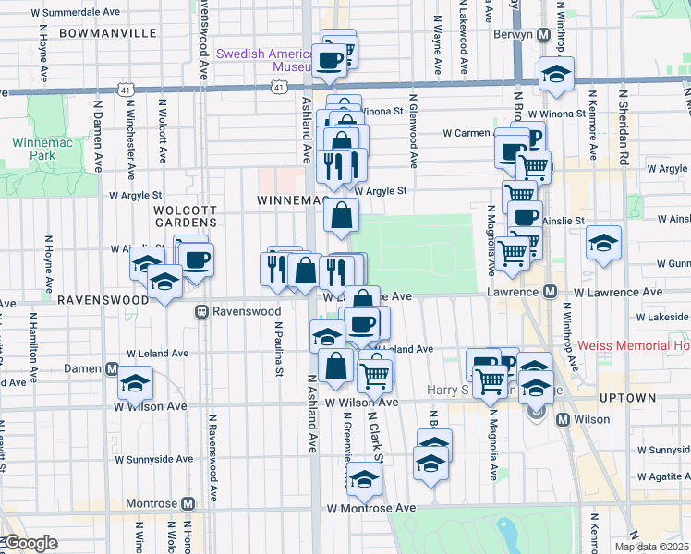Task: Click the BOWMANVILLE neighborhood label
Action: click(107, 32)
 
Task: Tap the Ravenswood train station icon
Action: click(200, 312)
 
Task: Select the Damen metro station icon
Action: click(112, 368)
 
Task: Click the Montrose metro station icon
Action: click(188, 504)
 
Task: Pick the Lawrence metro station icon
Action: click(549, 292)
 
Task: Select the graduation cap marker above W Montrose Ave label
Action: click(365, 478)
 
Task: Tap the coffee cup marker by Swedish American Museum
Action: click(331, 61)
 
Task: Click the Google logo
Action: click(30, 543)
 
